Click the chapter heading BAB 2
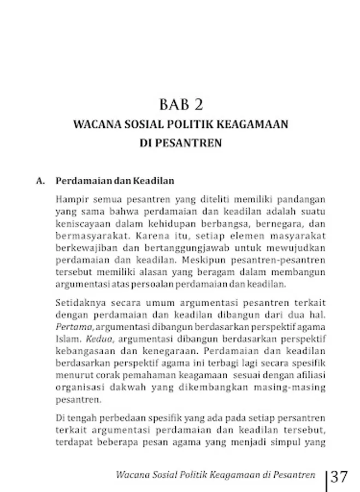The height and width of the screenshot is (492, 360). [180, 104]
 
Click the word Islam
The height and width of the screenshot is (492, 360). [66, 339]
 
